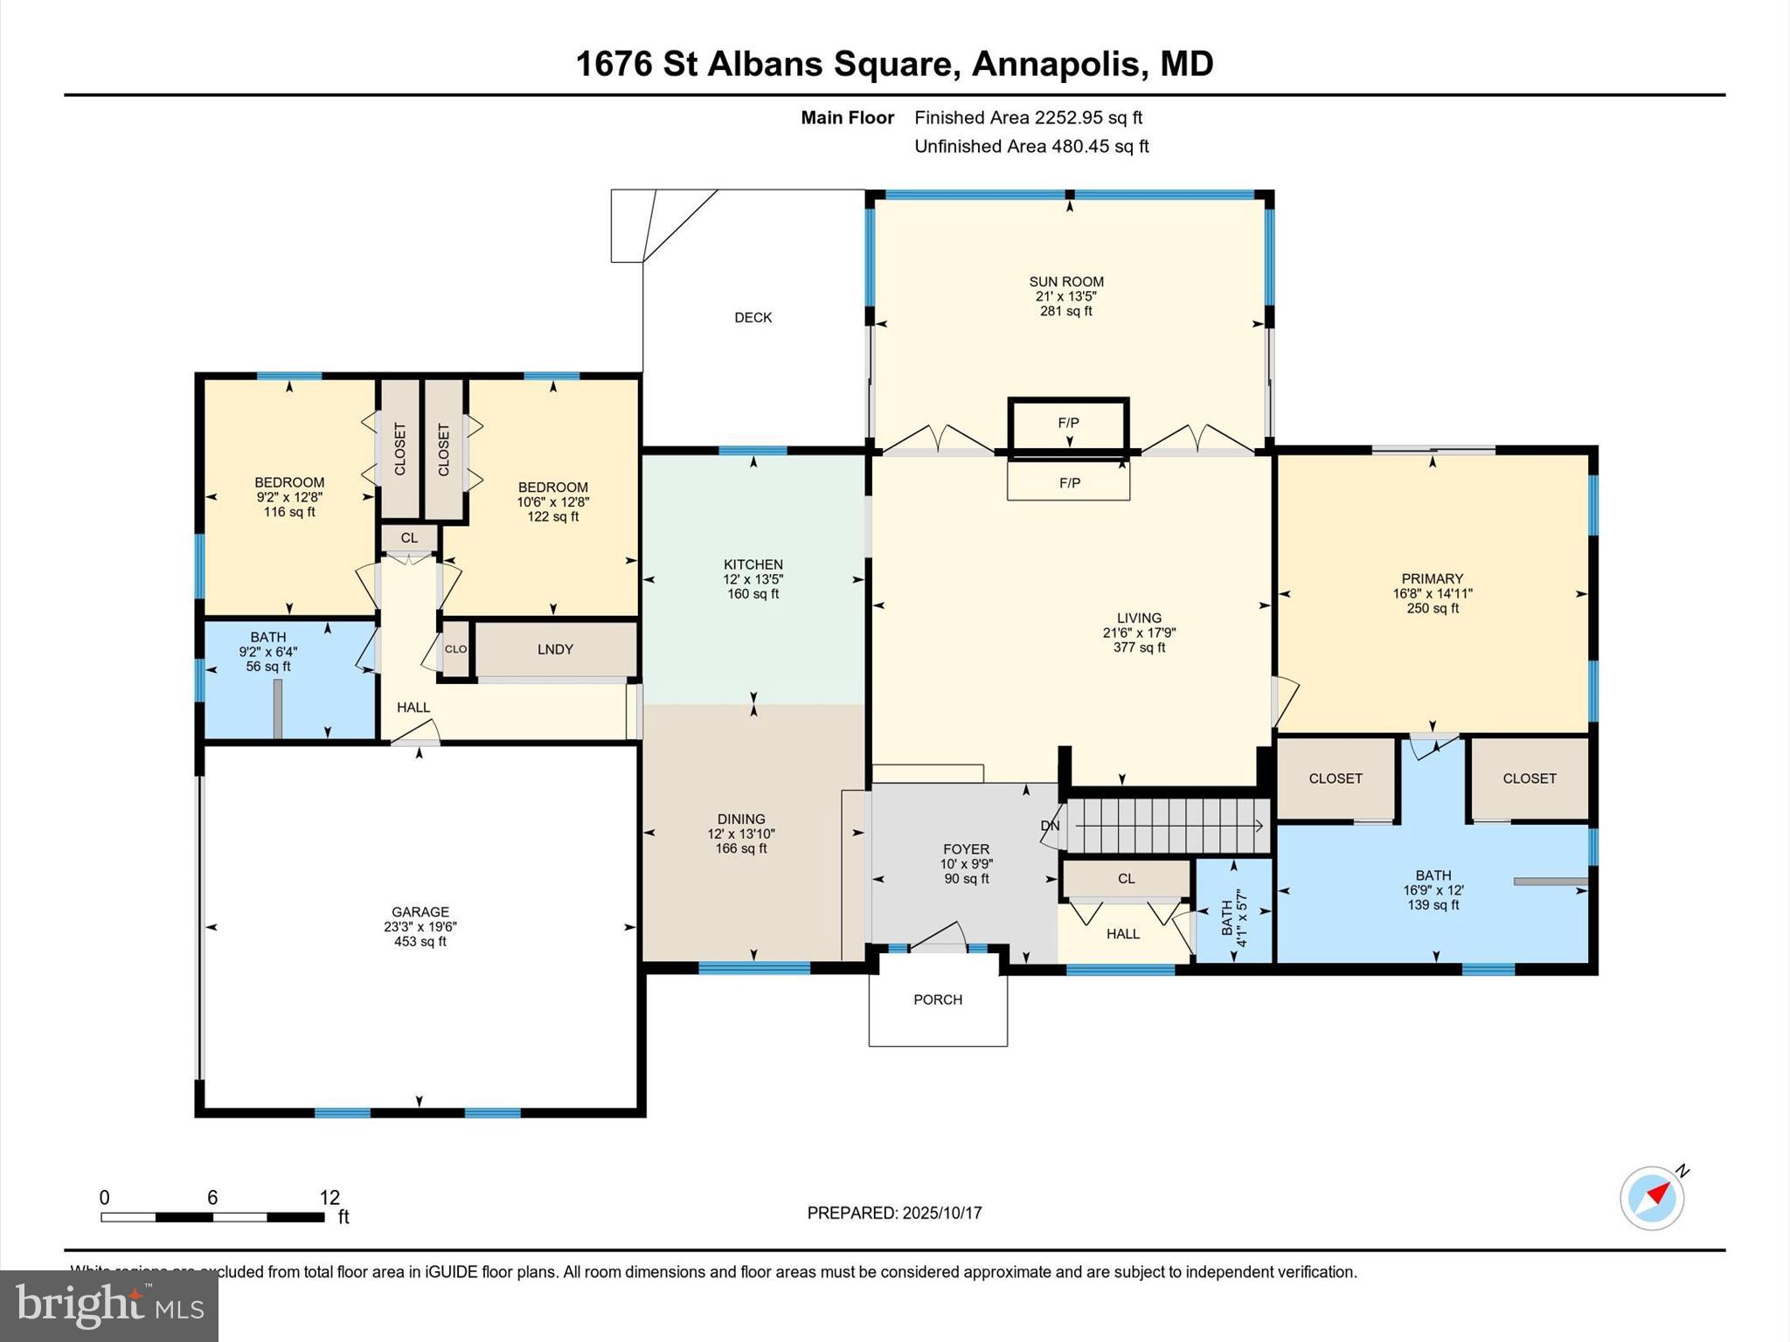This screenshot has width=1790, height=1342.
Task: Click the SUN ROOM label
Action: click(x=1065, y=281)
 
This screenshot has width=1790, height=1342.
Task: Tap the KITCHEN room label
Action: click(x=753, y=564)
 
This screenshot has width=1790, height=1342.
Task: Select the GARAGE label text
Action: click(x=420, y=911)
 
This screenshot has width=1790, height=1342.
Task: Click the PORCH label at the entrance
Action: click(x=937, y=1000)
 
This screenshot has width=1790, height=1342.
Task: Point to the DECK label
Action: click(x=753, y=318)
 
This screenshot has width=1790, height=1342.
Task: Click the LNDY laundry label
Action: click(x=555, y=649)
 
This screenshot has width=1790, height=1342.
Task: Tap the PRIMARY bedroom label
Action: click(x=1432, y=578)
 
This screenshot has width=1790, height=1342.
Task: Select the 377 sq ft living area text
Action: click(x=1139, y=647)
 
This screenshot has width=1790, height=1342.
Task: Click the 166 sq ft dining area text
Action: click(x=740, y=848)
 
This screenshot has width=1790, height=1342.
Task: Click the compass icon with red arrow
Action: click(x=1651, y=1198)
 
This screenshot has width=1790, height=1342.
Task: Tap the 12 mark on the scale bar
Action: click(x=330, y=1198)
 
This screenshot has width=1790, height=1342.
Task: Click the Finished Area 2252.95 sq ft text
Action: click(x=1028, y=117)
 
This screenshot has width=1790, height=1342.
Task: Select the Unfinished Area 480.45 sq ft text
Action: click(x=1031, y=146)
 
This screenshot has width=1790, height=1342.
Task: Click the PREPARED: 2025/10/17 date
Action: click(x=894, y=1213)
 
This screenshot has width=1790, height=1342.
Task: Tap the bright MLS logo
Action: click(x=109, y=1305)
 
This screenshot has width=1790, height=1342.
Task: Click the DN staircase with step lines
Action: click(x=1167, y=826)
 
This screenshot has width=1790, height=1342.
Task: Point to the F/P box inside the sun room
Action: click(x=1068, y=423)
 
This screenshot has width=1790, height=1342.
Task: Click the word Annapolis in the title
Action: click(x=1056, y=64)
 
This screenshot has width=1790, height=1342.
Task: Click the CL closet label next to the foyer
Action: click(x=1126, y=879)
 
